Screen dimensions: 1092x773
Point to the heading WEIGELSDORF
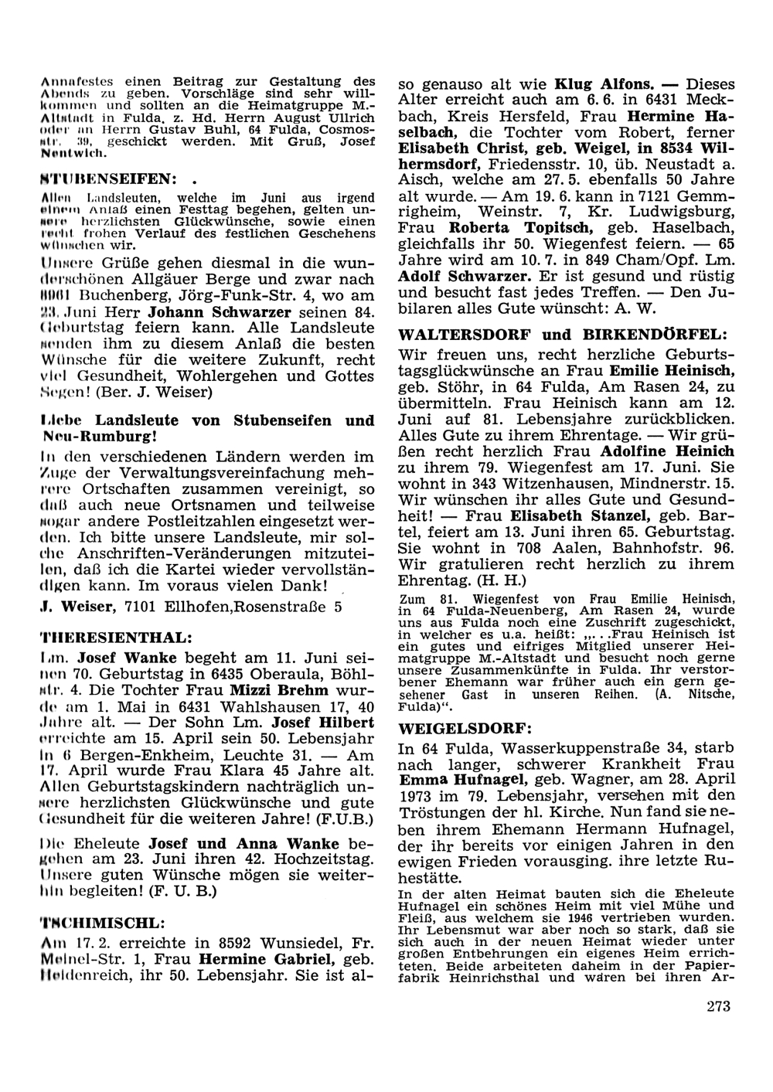click(453, 728)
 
